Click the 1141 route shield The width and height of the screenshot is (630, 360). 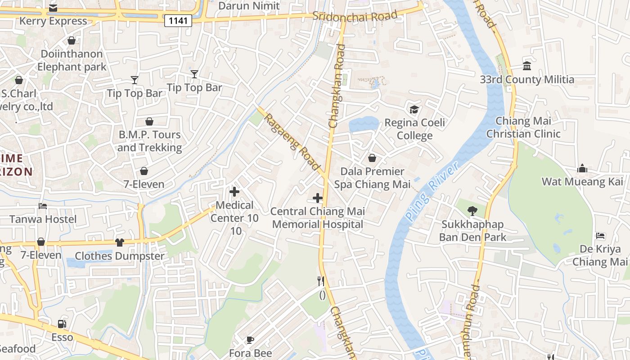(x=178, y=20)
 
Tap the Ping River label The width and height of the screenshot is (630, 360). (x=432, y=191)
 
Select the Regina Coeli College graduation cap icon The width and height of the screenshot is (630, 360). (x=414, y=109)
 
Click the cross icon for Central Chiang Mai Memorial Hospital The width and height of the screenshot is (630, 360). (x=318, y=198)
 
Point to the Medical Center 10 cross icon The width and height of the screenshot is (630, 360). (x=234, y=192)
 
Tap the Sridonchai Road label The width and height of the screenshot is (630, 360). (x=355, y=16)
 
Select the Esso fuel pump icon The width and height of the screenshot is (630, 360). (x=62, y=324)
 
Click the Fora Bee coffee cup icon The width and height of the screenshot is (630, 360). (x=250, y=340)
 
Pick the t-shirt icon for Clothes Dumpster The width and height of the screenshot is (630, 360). (x=119, y=243)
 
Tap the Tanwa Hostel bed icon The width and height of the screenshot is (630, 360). (x=43, y=206)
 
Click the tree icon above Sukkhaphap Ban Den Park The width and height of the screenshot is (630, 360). (x=472, y=210)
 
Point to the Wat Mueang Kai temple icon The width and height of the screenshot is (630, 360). (x=582, y=168)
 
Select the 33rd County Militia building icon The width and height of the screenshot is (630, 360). (x=527, y=66)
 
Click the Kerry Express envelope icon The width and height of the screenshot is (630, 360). (x=53, y=8)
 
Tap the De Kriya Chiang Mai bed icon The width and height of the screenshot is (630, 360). (x=600, y=235)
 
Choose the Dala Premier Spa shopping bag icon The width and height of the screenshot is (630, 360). (x=372, y=158)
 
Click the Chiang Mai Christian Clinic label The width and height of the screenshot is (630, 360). (x=523, y=127)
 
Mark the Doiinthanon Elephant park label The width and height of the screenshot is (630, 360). (x=72, y=60)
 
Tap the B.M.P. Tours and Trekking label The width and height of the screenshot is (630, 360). (x=149, y=141)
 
